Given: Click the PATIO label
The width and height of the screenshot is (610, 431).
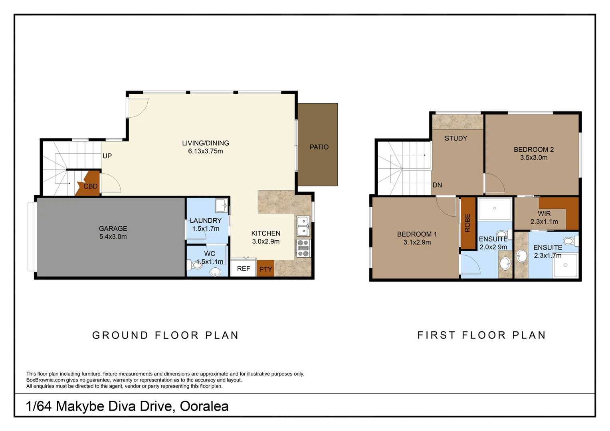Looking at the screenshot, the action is pos(319,147).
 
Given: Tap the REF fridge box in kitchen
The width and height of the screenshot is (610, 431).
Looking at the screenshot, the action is pos(243,268).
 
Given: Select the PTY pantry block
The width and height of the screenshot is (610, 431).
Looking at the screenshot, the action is pos(265,269).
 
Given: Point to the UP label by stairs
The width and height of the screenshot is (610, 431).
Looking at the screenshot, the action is pos(107,156).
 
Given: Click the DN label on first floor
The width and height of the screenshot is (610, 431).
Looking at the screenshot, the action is pos(437,185).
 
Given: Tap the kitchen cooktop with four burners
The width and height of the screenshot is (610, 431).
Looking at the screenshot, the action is pos(303,248).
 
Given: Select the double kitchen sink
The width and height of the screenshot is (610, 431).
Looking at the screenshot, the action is pos(303,226).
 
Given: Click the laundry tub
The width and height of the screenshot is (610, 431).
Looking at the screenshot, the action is pos(221,205).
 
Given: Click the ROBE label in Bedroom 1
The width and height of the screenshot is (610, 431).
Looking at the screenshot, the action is pos(467,223).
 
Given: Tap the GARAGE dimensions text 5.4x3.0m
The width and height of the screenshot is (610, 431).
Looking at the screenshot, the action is pos(113,237).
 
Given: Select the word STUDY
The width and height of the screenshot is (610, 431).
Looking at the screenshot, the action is pos(456,138).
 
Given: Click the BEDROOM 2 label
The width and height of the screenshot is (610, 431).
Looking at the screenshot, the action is pos(533,150).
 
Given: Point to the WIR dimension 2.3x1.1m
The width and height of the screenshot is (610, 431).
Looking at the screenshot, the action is pos(544,221).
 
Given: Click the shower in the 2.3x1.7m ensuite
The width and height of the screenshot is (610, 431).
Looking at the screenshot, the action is pos(565,265).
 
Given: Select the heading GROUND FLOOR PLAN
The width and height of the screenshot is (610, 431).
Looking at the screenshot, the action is pos(166,335).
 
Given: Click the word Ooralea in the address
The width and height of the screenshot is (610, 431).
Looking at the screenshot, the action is pos(204,406).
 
